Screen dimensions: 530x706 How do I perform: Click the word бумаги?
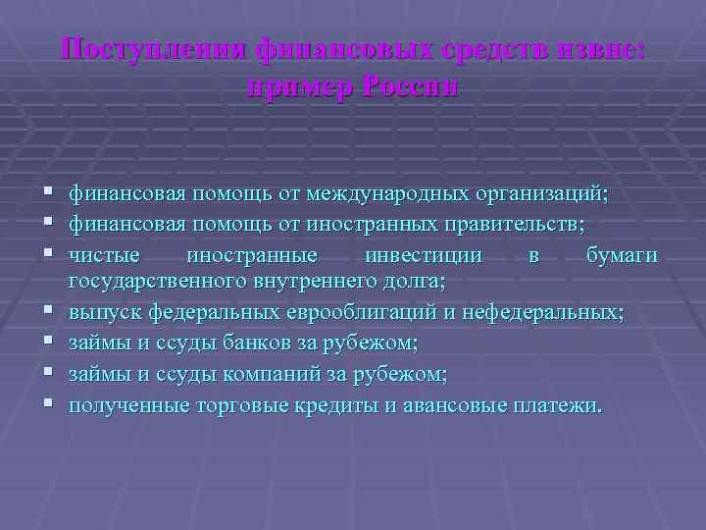coord(622,255)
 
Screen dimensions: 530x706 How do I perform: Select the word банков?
coord(235,344)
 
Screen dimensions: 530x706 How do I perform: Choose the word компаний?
coord(251,373)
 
